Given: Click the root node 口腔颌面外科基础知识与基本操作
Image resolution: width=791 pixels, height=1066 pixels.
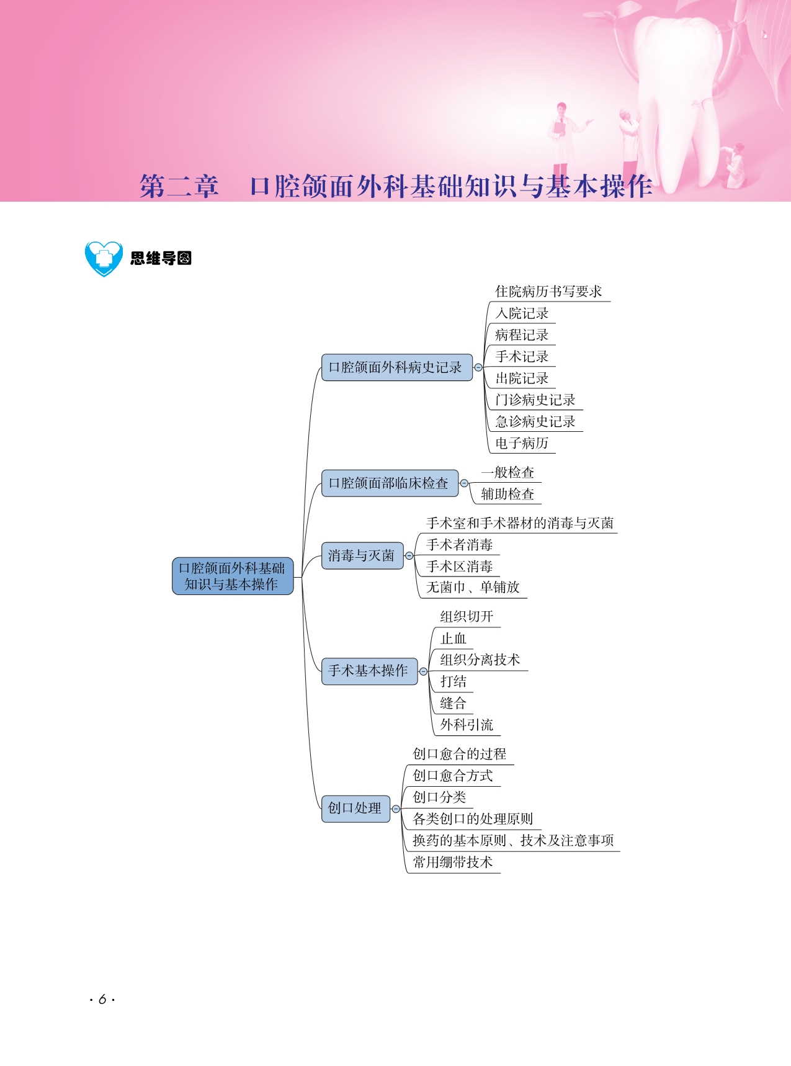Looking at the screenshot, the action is (x=233, y=576).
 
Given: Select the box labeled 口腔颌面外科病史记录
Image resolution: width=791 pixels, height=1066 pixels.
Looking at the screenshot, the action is (x=397, y=367).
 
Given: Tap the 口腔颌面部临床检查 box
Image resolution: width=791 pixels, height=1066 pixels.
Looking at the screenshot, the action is (x=390, y=483).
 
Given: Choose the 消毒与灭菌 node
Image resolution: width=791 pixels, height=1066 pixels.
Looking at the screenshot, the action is (x=362, y=555).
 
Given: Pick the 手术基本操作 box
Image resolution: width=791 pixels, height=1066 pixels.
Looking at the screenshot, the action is (x=369, y=671).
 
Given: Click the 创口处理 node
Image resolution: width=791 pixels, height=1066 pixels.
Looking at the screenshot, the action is (x=355, y=808).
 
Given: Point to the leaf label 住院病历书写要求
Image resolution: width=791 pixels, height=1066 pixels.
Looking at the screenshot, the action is (x=548, y=292).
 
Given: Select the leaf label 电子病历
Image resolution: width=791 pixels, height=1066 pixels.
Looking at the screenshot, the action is (x=522, y=443).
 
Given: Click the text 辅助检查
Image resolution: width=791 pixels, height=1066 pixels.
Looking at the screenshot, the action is (x=507, y=494).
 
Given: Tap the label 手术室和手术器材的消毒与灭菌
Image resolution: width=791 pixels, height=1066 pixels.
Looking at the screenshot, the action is (x=520, y=523).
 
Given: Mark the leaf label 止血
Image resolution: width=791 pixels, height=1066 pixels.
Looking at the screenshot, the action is (x=453, y=638).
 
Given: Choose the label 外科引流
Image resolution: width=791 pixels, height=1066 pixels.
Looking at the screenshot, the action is (x=467, y=725).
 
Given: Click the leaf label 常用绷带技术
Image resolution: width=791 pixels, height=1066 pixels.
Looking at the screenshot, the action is (x=453, y=862).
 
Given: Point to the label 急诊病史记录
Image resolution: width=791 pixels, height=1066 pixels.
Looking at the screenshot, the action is (x=535, y=421).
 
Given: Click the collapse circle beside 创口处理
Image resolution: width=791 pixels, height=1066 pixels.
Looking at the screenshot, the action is (x=396, y=809).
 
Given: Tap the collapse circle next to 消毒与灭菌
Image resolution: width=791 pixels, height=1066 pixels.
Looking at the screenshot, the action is (x=409, y=556).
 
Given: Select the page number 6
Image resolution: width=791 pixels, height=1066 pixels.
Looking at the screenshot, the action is (x=102, y=1000).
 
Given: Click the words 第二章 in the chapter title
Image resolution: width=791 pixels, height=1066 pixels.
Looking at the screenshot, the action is (x=179, y=186).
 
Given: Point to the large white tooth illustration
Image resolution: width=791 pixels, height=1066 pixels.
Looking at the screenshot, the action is (x=682, y=93).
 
